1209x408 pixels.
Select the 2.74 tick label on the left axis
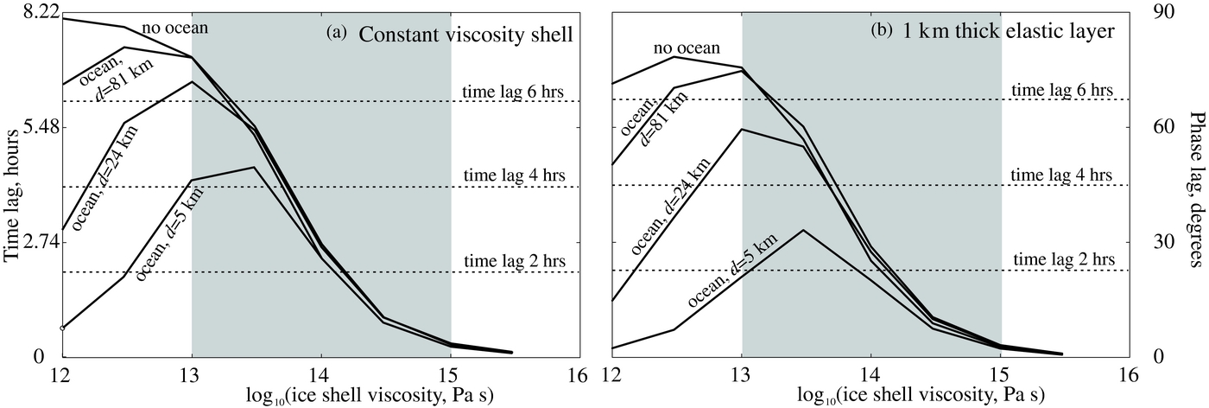click(x=29, y=243)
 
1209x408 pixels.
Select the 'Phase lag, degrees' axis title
click(x=1197, y=186)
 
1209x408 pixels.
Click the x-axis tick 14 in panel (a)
click(x=321, y=376)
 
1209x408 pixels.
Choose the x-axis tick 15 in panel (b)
click(x=1001, y=376)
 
